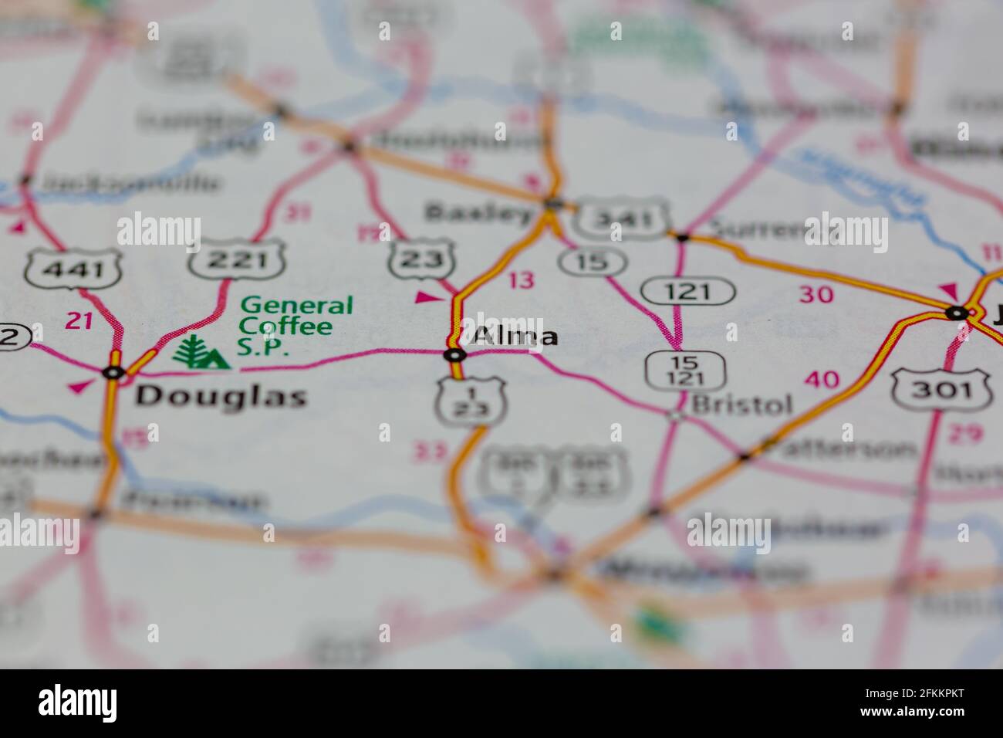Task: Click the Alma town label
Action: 515,337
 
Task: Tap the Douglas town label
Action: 221,397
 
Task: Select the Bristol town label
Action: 741,404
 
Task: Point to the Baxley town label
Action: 479,212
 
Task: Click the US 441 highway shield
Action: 74,269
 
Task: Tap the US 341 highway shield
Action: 622,221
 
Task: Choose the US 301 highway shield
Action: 941,391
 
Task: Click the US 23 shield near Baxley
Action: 421,260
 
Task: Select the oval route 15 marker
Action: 593,262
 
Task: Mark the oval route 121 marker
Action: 688,292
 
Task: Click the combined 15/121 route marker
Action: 685,371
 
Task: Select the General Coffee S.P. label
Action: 295,327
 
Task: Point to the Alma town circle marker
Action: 455,355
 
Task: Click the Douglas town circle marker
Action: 114,373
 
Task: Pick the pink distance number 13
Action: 522,279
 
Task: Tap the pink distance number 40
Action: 821,379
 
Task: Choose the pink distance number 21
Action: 79,320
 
